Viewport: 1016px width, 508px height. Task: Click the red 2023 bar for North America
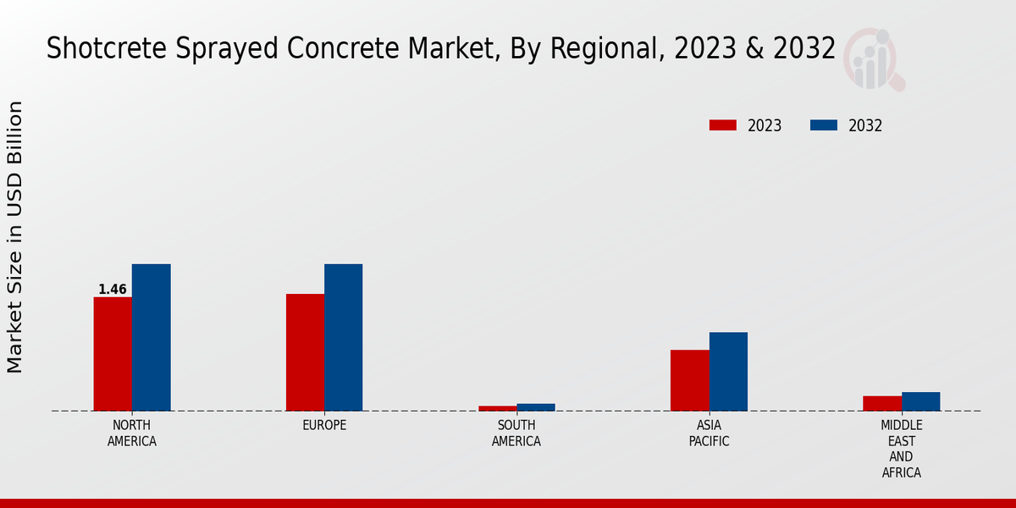113,354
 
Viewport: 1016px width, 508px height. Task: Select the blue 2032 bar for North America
151,338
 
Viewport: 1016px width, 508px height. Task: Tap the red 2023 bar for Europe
305,352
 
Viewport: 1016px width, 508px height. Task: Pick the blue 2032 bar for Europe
343,338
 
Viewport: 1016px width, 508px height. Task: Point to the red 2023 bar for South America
497,408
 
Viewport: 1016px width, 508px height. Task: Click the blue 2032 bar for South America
536,407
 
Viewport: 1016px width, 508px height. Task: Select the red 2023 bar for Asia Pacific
689,380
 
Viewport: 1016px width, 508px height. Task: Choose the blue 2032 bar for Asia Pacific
728,372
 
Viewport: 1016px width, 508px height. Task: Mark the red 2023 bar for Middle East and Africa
882,403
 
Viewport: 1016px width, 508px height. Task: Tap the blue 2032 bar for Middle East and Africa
920,401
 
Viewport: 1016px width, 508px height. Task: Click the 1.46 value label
113,290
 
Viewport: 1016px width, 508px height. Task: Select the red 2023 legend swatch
723,125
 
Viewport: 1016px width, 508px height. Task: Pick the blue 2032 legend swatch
823,125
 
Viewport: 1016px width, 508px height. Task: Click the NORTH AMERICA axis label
132,433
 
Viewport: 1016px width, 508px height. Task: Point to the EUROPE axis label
324,425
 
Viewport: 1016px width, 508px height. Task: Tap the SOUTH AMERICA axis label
516,433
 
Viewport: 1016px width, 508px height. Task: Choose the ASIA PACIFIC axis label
709,433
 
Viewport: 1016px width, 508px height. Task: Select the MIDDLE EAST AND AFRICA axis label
902,449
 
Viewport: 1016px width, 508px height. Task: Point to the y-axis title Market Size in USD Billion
15,237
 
